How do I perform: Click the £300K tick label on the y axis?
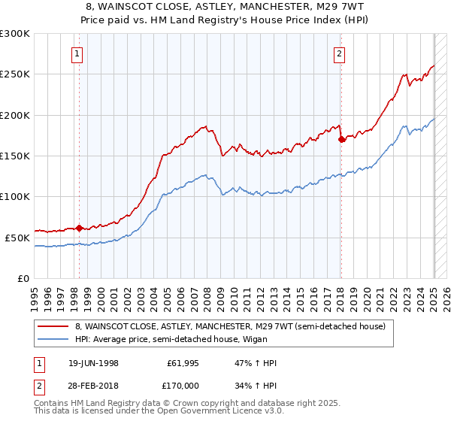15,34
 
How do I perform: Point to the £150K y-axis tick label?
15,156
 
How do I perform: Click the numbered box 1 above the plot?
78,53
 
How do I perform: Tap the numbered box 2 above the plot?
340,53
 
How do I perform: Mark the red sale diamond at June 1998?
79,228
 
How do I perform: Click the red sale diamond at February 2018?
341,139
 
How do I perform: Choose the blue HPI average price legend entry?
203,339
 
